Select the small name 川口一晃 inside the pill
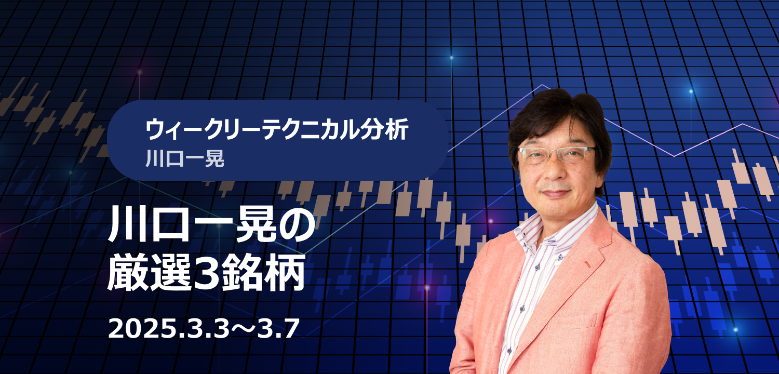[185, 159]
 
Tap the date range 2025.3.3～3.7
[204, 328]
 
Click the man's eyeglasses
[556, 154]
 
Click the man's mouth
[556, 192]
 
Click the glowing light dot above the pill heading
[451, 58]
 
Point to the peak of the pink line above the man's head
[542, 85]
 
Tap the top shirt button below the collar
[560, 258]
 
